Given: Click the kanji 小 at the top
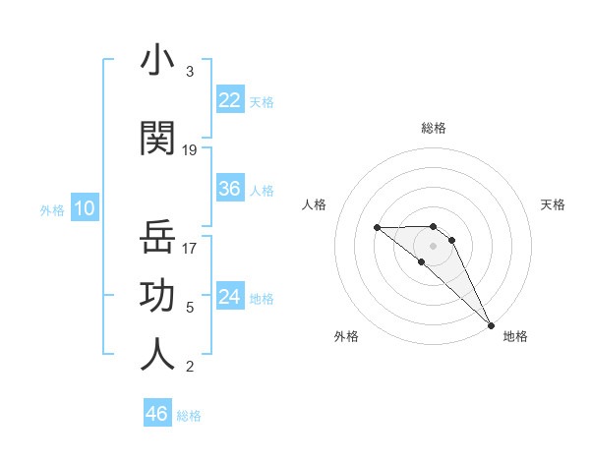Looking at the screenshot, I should click(157, 61).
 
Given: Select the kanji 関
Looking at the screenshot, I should click(157, 139).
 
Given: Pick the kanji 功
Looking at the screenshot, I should click(157, 296).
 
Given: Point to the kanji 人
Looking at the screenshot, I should click(157, 355).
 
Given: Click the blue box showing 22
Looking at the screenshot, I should click(230, 100).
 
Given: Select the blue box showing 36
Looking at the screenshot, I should click(230, 190).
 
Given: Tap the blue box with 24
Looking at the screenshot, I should click(230, 297).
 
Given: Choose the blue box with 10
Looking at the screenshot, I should click(85, 208).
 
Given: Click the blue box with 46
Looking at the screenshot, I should click(156, 414).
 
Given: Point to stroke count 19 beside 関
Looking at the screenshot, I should click(190, 150).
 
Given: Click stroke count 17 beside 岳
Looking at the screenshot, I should click(190, 249).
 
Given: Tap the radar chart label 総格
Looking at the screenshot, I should click(434, 128).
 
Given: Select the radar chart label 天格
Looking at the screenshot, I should click(553, 204).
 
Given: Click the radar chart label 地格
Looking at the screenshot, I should click(515, 336).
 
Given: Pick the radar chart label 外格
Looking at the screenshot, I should click(346, 336).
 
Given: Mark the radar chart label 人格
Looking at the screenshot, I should click(314, 204).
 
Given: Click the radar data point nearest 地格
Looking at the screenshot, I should click(490, 324).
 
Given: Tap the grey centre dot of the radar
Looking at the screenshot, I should click(434, 245).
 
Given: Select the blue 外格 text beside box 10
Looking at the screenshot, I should click(52, 209).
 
